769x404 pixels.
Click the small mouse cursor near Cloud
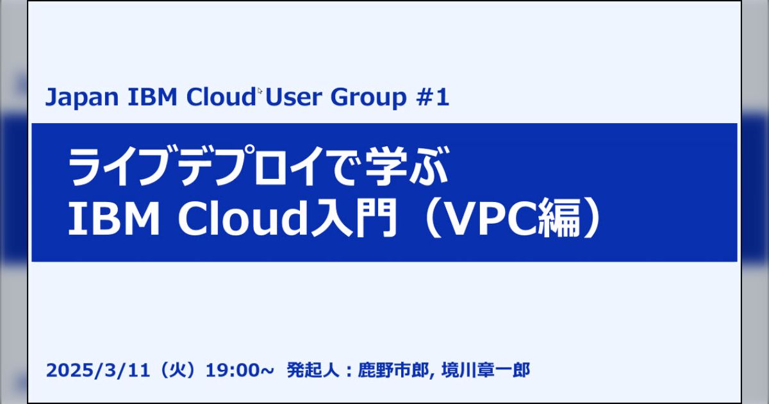260,90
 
